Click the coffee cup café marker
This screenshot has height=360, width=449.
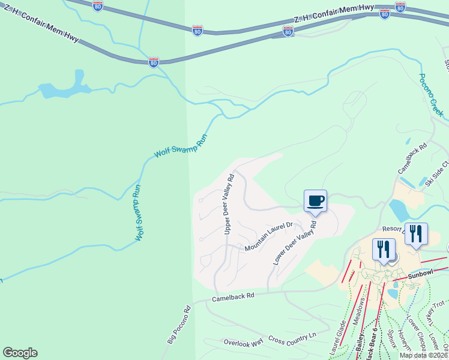coord(315,201)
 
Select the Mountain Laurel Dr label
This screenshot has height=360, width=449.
coord(268,236)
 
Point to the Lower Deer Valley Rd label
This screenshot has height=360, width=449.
coord(295,242)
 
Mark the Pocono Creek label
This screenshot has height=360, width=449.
coord(430,95)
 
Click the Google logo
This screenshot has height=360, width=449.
coord(20,353)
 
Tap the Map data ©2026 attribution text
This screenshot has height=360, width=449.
coord(423,355)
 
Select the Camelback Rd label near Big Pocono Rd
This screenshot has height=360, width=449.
coord(233,296)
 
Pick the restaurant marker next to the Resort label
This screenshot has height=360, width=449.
coord(416,234)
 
